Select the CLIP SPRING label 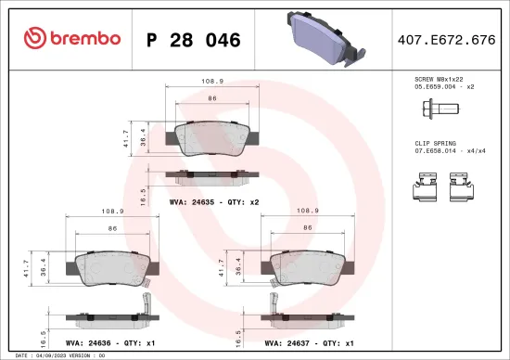coord(436,145)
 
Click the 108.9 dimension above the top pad coord(211,82)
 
